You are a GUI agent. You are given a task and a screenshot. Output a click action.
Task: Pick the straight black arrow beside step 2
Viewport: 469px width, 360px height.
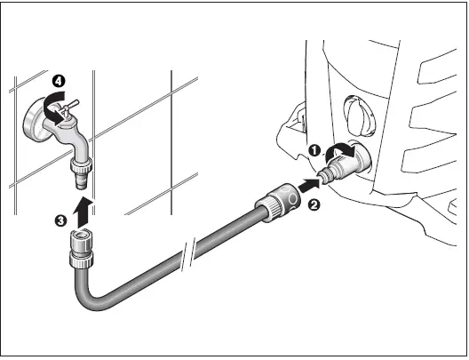tap(305, 187)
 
